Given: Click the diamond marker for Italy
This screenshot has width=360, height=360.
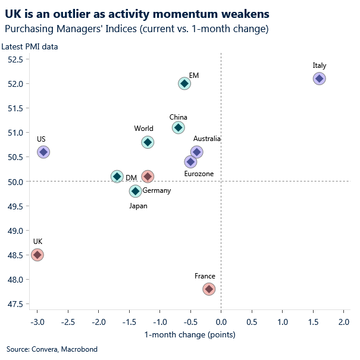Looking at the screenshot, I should click(319, 79).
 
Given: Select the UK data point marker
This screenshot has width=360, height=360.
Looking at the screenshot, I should click(37, 255).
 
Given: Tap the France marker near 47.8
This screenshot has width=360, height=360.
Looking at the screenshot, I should click(209, 289).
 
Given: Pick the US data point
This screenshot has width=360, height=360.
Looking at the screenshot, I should click(43, 152).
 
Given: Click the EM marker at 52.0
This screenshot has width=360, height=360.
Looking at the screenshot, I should click(184, 83).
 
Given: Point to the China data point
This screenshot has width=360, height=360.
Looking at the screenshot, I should click(178, 128).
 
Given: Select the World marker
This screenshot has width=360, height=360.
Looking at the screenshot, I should click(148, 142).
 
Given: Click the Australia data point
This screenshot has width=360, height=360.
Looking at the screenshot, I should click(197, 152).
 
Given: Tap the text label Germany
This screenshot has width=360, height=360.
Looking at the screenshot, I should click(156, 190).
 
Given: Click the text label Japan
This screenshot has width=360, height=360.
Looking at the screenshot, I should click(138, 206).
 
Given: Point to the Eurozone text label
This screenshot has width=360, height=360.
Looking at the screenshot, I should click(199, 174).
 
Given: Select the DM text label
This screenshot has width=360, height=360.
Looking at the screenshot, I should click(132, 177).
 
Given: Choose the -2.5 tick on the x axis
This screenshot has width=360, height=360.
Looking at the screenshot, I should click(68, 322).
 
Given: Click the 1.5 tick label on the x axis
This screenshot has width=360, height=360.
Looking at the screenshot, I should click(313, 322).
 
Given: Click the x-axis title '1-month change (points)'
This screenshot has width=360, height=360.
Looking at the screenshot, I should click(190, 334).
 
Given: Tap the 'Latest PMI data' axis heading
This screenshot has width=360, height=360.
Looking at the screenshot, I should click(30, 47).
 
